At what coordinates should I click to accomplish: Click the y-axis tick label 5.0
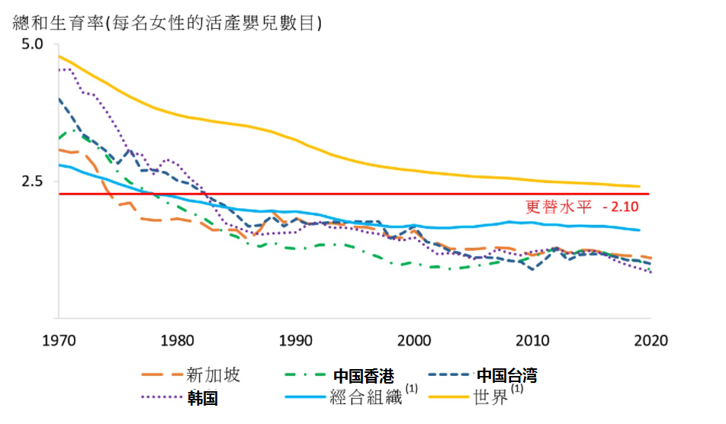click(x=34, y=45)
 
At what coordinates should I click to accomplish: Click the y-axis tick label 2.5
click(x=34, y=181)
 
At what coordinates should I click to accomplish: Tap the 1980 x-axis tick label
click(x=177, y=340)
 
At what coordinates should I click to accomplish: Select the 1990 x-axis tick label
click(x=296, y=340)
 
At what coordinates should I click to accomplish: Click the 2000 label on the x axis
click(x=414, y=340)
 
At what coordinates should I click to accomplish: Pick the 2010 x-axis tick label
click(x=532, y=340)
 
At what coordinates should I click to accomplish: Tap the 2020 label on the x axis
click(x=651, y=340)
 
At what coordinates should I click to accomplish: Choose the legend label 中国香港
click(x=364, y=375)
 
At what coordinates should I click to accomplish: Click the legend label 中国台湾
click(x=507, y=375)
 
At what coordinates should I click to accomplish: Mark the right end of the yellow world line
click(x=639, y=186)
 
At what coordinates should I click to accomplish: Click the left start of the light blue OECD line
click(x=59, y=165)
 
